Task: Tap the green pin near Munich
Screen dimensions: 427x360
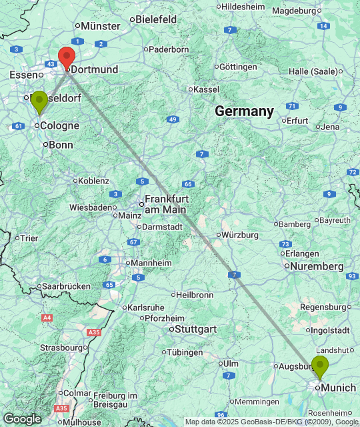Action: point(320,366)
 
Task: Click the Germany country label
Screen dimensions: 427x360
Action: point(244,111)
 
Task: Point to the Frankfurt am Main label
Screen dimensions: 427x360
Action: point(167,203)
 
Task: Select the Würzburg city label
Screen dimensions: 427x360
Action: point(240,235)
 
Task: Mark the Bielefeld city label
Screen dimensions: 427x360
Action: point(156,19)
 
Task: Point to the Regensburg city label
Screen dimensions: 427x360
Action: point(325,307)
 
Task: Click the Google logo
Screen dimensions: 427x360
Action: point(21,418)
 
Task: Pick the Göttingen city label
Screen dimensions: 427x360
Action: point(237,67)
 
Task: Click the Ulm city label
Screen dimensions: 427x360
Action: point(231,363)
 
